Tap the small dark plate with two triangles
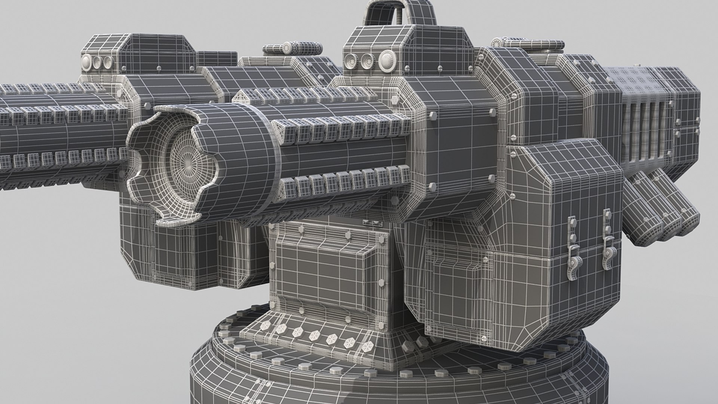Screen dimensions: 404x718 pos(371,223)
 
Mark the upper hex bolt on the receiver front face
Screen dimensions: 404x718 pos(434,116)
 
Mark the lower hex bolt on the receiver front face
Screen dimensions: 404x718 pos(434,186)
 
